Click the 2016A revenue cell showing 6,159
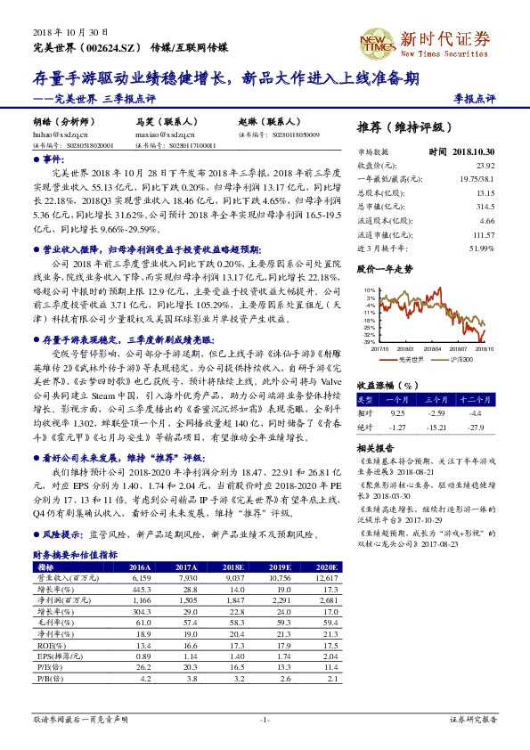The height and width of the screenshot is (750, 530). [x=140, y=578]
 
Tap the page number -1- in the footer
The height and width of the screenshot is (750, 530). [x=265, y=719]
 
